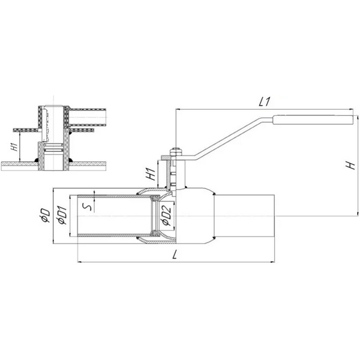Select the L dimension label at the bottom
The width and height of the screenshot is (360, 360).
[x=175, y=254]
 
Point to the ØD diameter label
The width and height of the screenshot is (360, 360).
[x=45, y=215]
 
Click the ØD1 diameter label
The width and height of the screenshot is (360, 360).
[x=62, y=215]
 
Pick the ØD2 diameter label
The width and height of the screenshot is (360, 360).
[x=166, y=215]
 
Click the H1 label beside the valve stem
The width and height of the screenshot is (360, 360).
[x=151, y=174]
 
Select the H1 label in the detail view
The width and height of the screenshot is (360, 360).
[x=14, y=147]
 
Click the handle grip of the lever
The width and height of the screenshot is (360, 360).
[x=313, y=120]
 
